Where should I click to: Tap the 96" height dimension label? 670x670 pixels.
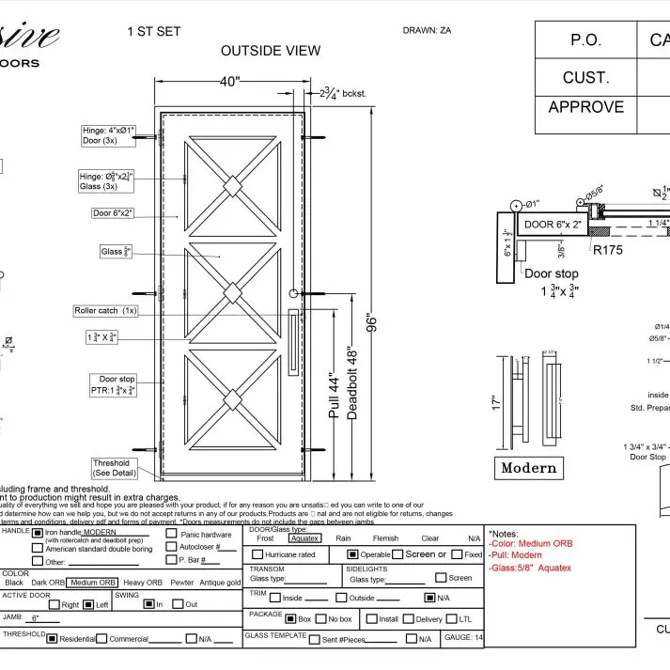pyautogui.click(x=372, y=322)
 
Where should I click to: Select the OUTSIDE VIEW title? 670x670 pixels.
pyautogui.click(x=271, y=51)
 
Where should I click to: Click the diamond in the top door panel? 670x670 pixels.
pyautogui.click(x=231, y=187)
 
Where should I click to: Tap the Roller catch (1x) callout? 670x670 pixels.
pyautogui.click(x=105, y=310)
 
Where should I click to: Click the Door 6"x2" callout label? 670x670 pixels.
pyautogui.click(x=113, y=213)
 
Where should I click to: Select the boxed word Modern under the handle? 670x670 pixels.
pyautogui.click(x=529, y=467)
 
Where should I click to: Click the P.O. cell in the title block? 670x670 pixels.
pyautogui.click(x=586, y=40)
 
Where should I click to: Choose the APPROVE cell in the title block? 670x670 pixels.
pyautogui.click(x=586, y=107)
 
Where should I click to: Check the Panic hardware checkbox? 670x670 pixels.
pyautogui.click(x=171, y=534)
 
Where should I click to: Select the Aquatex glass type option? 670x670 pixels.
pyautogui.click(x=304, y=538)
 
